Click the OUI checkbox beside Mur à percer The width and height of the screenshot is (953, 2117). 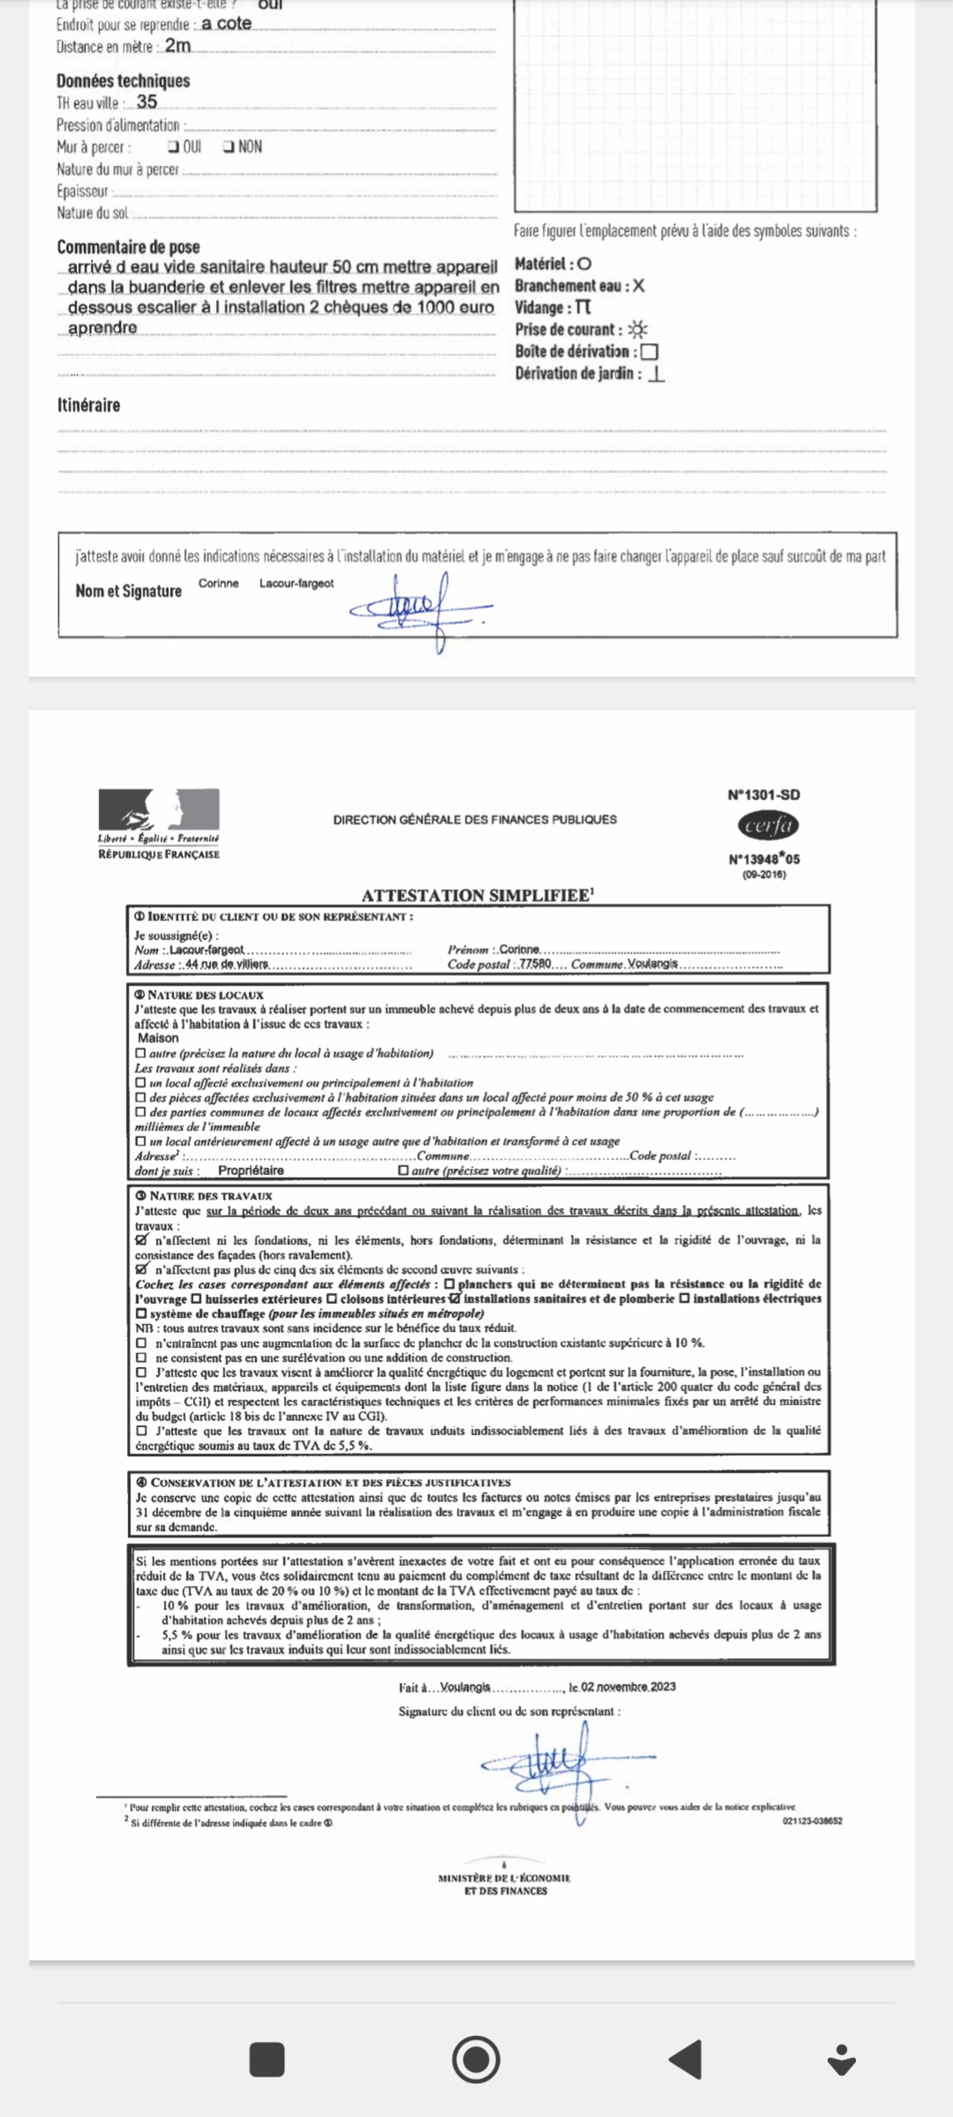pos(172,147)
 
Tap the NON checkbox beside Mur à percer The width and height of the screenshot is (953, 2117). pos(228,147)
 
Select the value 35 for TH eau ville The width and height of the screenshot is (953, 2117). pos(146,102)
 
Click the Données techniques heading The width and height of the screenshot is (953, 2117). pos(123,81)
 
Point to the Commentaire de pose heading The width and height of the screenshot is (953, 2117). pos(128,247)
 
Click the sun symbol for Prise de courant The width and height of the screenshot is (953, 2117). pos(637,330)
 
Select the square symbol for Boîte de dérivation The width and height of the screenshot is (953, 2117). pos(649,352)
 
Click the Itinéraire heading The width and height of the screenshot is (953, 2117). pos(89,405)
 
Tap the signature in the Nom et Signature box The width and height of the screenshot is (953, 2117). pos(421,609)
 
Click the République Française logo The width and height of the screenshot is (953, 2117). pos(159,822)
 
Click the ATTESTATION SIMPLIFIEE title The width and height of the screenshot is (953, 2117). pos(477,895)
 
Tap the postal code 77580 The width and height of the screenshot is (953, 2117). pos(535,963)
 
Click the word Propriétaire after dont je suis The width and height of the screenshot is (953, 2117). pos(251,1170)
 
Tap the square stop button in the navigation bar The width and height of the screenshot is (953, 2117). pos(266,2059)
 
